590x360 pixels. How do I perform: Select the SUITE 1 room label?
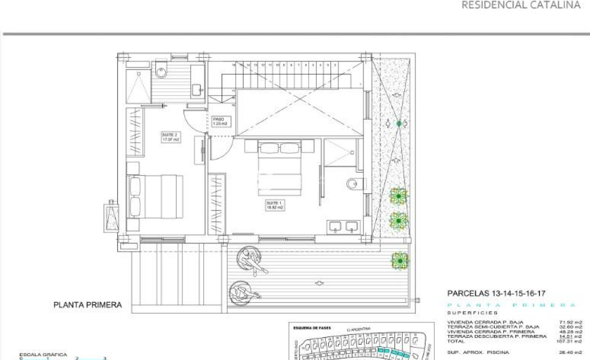click(x=275, y=205)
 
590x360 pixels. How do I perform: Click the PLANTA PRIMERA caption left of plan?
click(x=87, y=305)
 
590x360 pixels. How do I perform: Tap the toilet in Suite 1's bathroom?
click(x=353, y=184)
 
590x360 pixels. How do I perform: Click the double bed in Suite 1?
click(x=279, y=167)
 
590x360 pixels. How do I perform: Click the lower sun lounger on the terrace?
click(x=243, y=293)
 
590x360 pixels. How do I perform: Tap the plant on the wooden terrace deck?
click(x=399, y=260)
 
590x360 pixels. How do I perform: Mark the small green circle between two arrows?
click(x=399, y=123)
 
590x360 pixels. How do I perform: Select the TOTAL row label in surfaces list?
click(x=456, y=341)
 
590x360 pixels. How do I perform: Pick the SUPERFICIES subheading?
click(x=472, y=312)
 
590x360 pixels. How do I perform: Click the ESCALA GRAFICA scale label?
click(x=43, y=355)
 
